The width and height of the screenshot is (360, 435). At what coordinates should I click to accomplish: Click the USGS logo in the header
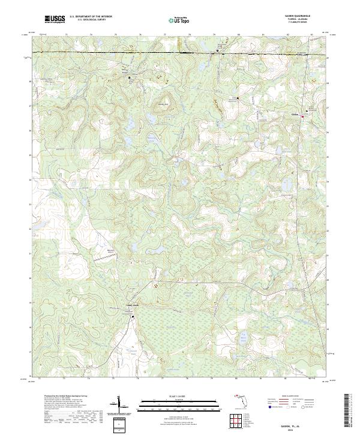click(x=55, y=19)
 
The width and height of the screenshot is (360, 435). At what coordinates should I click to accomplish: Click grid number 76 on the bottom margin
click(x=138, y=379)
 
